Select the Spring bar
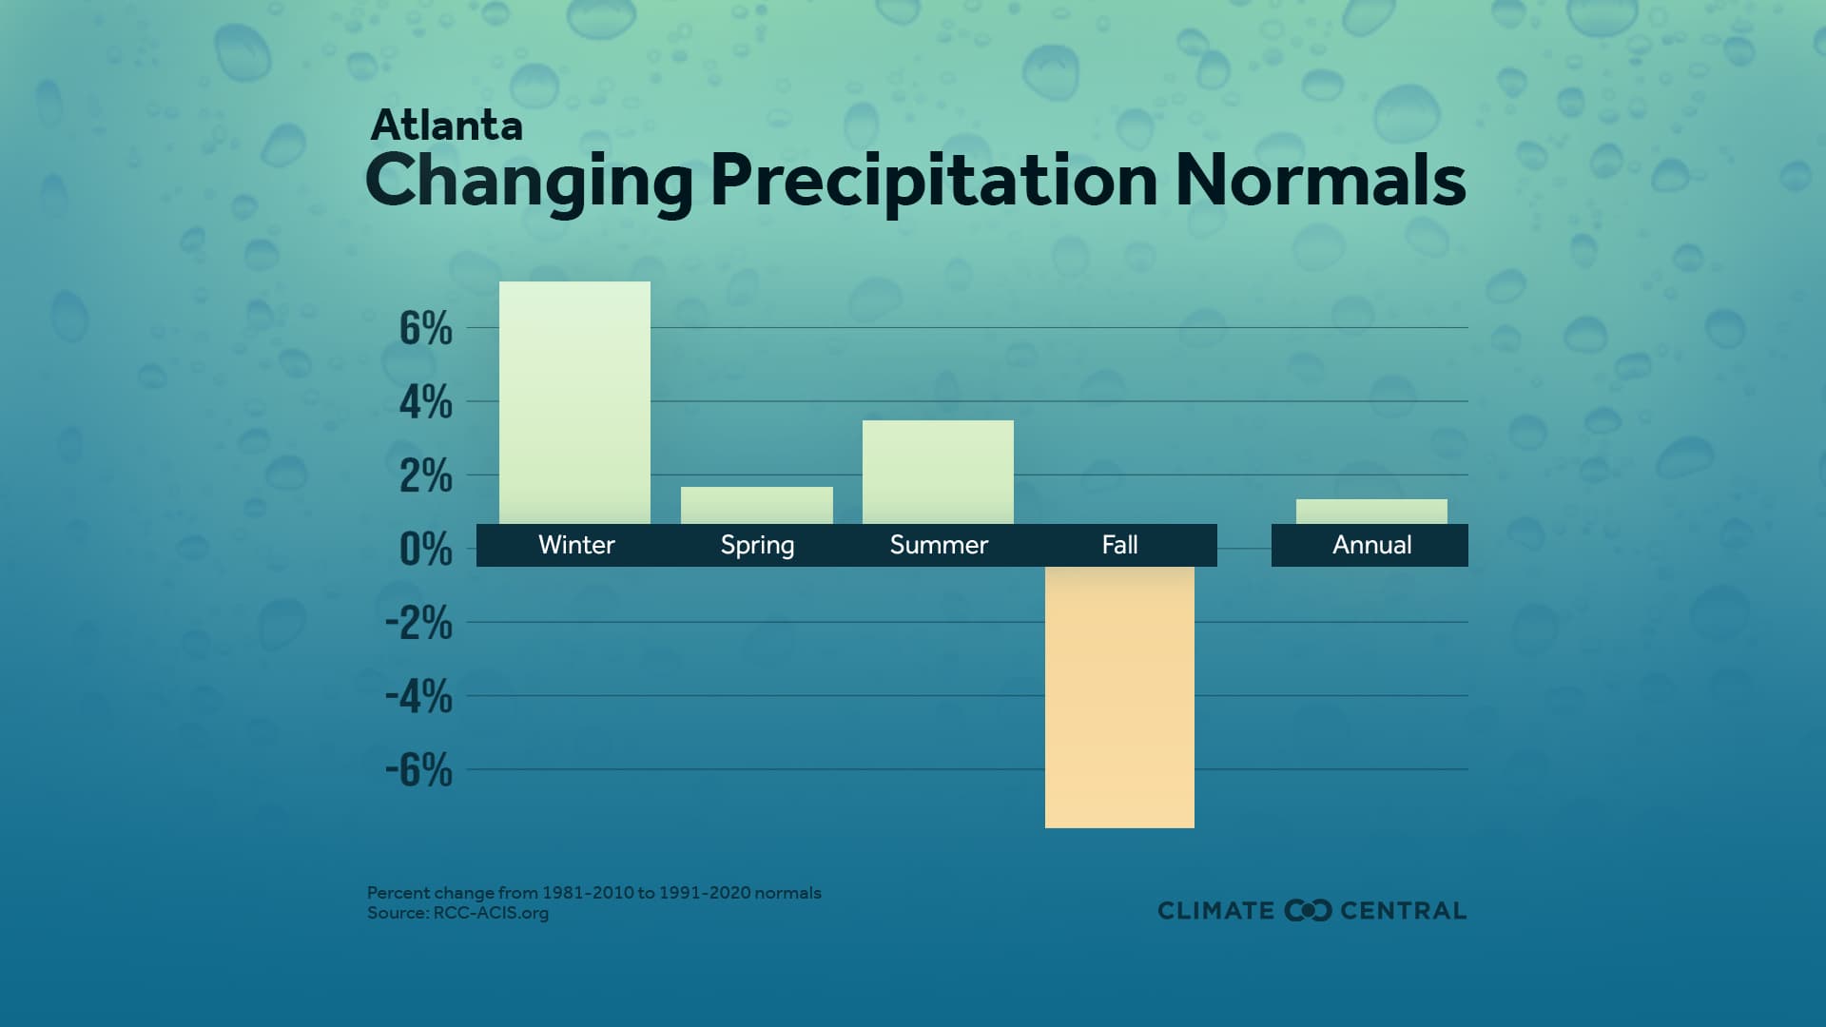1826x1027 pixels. point(756,505)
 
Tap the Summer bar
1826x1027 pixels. point(938,472)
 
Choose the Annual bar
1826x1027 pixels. point(1370,512)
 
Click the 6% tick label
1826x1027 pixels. point(425,329)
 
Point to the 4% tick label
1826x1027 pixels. point(425,402)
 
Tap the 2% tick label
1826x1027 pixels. point(425,475)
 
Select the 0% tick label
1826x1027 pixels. point(425,549)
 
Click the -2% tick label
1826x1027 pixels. point(418,623)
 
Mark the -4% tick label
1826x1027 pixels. point(418,696)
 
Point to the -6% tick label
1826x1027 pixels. point(418,769)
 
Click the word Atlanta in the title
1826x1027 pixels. point(446,126)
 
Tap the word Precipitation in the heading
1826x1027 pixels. point(933,181)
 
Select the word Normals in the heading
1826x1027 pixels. point(1320,181)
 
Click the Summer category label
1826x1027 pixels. point(939,545)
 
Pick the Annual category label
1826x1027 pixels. point(1371,545)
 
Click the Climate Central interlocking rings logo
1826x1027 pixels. point(1308,910)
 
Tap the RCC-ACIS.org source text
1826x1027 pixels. point(491,913)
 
